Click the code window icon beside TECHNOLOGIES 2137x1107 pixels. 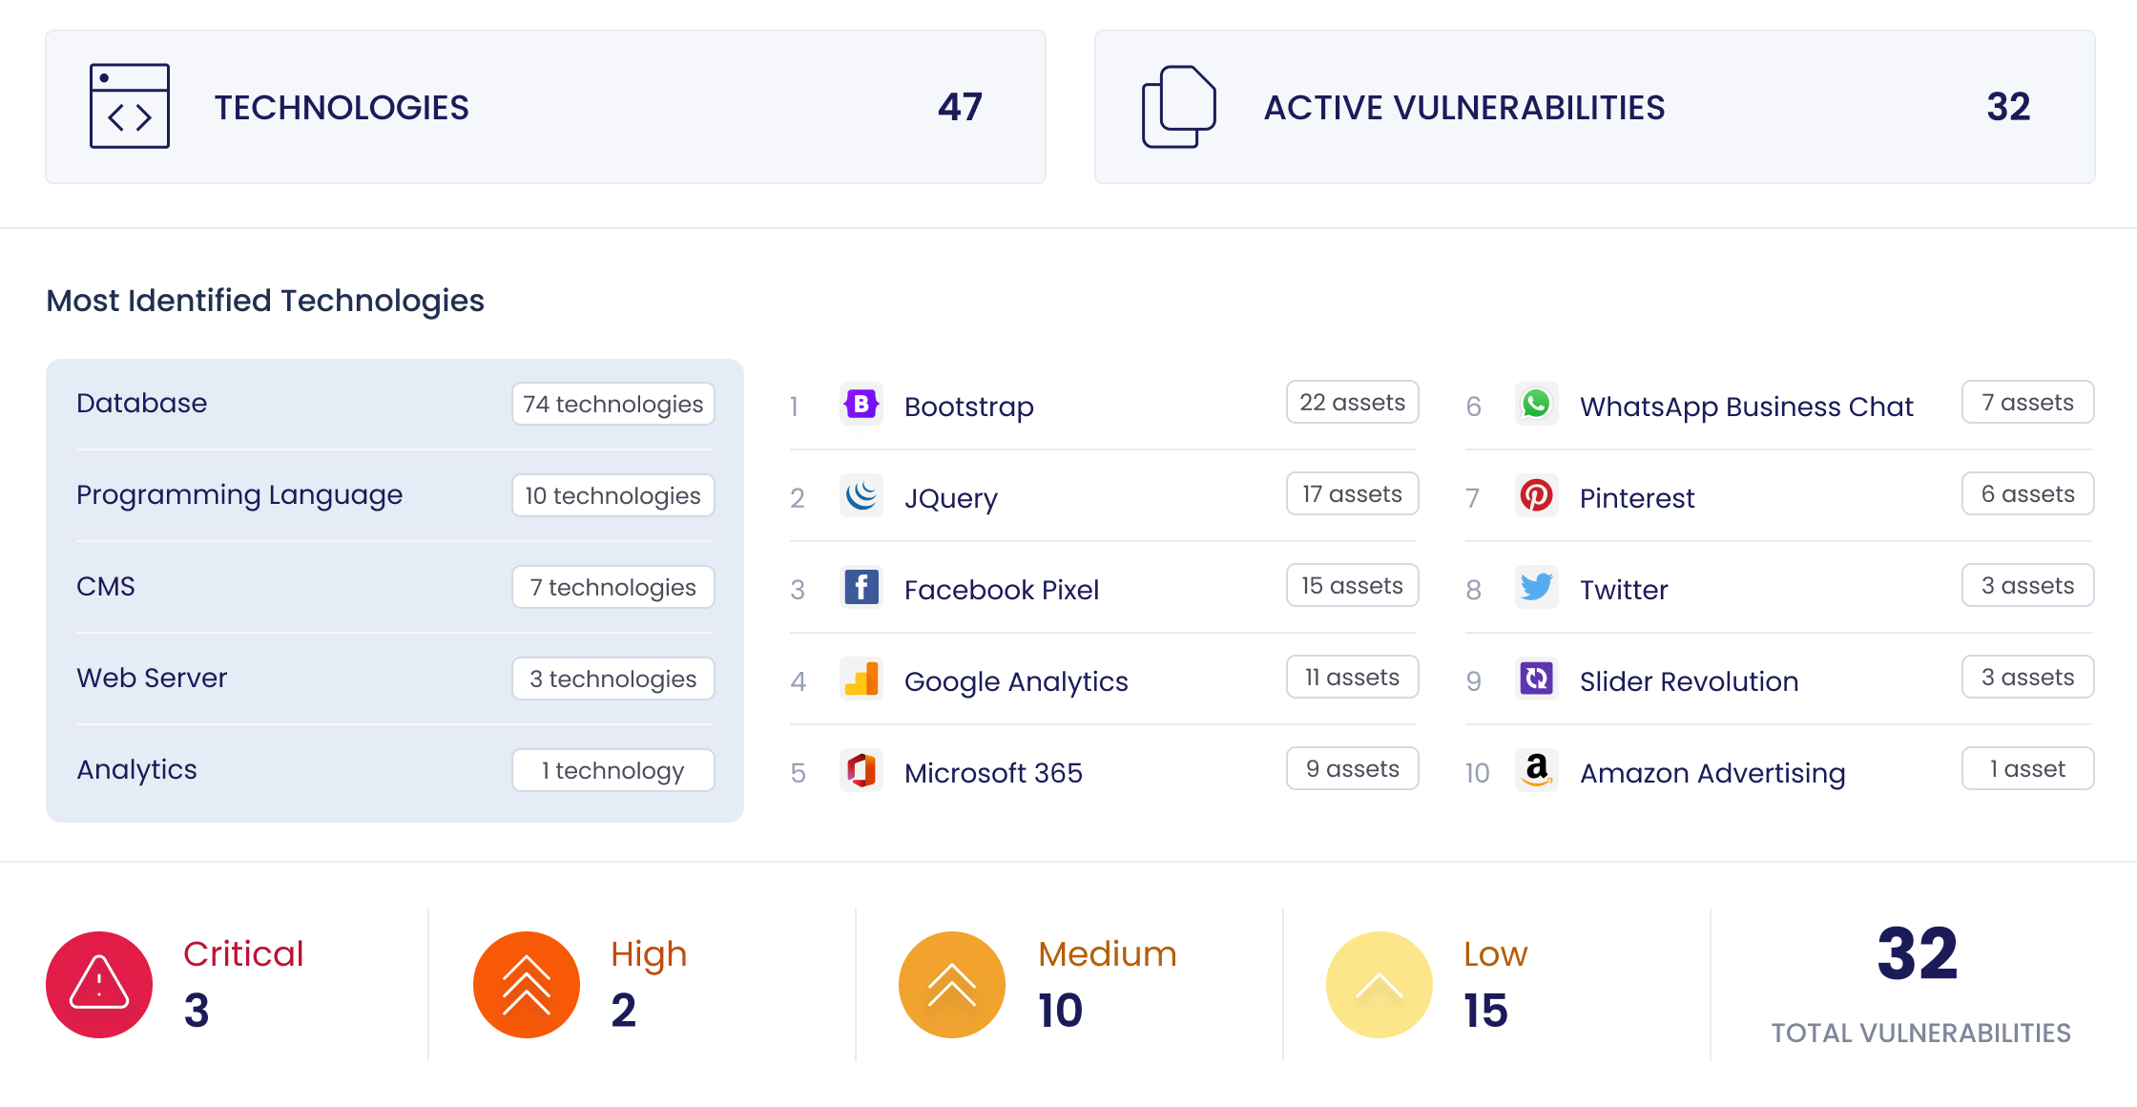coord(130,106)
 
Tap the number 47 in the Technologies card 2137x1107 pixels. coord(960,107)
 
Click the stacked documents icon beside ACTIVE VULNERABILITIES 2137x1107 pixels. coord(1179,106)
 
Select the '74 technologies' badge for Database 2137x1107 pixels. coord(612,404)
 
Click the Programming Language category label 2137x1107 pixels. coord(239,494)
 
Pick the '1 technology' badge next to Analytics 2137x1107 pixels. coord(612,770)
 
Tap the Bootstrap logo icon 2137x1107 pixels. coord(861,405)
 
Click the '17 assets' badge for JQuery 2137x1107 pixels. coord(1352,493)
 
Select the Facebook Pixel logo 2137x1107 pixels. coord(861,588)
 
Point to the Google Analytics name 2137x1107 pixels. coord(1016,681)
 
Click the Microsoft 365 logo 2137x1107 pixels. coord(861,770)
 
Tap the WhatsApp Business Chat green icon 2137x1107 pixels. coord(1536,405)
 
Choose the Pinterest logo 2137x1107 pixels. coord(1536,495)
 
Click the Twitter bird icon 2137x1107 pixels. coord(1536,587)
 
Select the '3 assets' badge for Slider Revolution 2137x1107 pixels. coord(2027,677)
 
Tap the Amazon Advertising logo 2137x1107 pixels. coord(1536,770)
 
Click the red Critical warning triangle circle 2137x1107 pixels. coord(99,984)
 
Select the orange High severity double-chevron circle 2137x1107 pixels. coord(527,984)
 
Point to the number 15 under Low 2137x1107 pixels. coord(1485,1011)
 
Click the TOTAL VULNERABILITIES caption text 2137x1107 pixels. coord(1920,1033)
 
